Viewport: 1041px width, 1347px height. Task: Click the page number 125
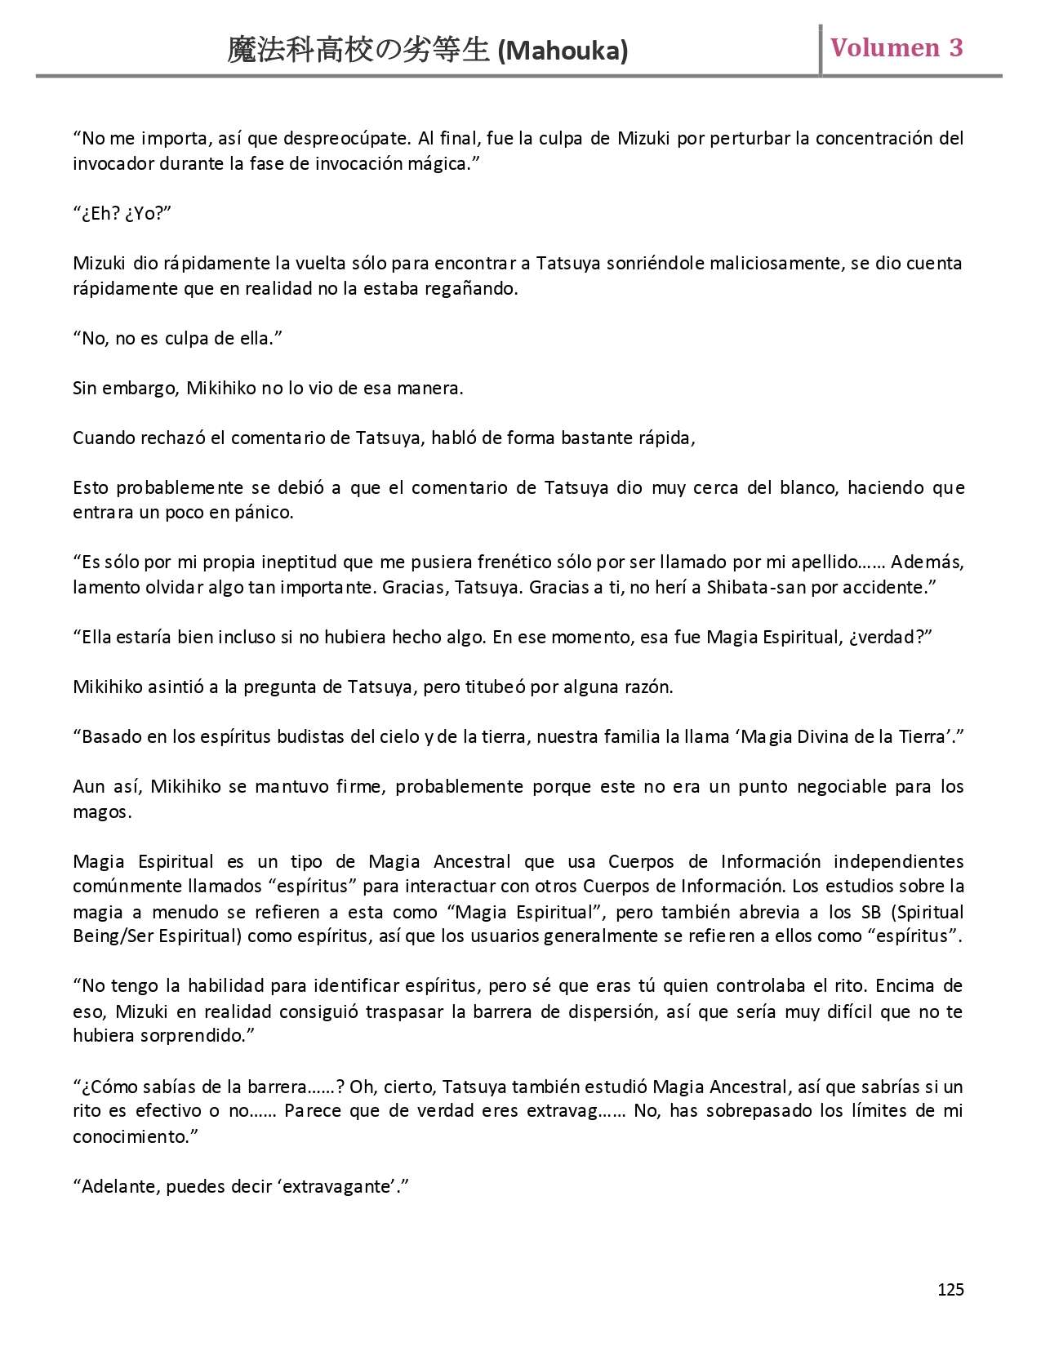pos(950,1289)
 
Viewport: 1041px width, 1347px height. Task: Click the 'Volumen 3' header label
pos(896,48)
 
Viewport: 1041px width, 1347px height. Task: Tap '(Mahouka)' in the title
pos(563,51)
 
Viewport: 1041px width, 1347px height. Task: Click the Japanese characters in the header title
pos(359,51)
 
